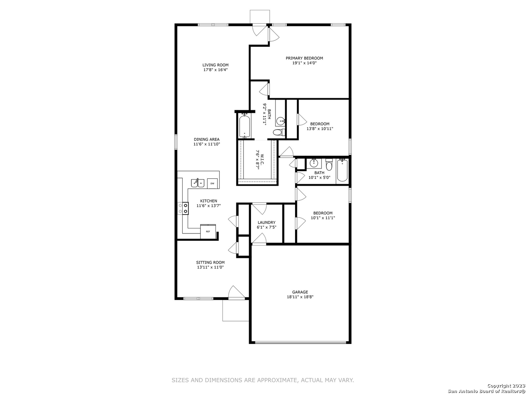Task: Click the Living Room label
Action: pyautogui.click(x=215, y=65)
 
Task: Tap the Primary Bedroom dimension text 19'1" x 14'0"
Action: pyautogui.click(x=304, y=63)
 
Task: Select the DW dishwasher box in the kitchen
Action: pyautogui.click(x=212, y=184)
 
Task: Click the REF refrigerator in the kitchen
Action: pyautogui.click(x=208, y=231)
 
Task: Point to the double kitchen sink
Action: pyautogui.click(x=198, y=183)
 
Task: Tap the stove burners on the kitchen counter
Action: pyautogui.click(x=183, y=208)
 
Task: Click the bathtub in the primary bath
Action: pyautogui.click(x=245, y=126)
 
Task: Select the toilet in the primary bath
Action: pyautogui.click(x=279, y=132)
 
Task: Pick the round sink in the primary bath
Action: pyautogui.click(x=281, y=121)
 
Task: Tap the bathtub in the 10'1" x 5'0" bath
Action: pyautogui.click(x=342, y=170)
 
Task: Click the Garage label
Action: pyautogui.click(x=300, y=292)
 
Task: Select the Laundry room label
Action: pyautogui.click(x=267, y=222)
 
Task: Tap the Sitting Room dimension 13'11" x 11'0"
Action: pyautogui.click(x=210, y=267)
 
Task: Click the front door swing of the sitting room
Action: pyautogui.click(x=236, y=292)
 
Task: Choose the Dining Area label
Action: pyautogui.click(x=207, y=139)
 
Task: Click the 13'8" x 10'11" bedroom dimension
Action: pyautogui.click(x=320, y=128)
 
